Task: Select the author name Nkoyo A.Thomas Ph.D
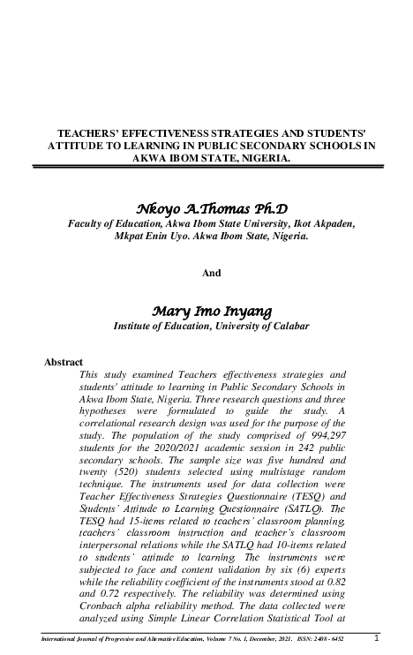click(x=211, y=208)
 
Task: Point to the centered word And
click(x=212, y=273)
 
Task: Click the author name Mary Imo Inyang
click(x=211, y=311)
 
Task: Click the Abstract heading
click(x=63, y=362)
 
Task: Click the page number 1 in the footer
click(x=378, y=638)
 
